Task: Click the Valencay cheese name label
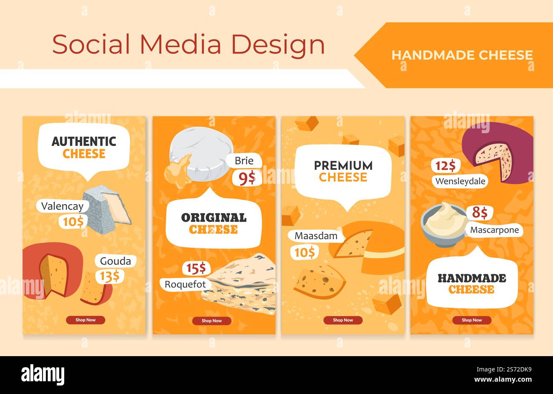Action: point(62,206)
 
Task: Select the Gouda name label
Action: point(115,261)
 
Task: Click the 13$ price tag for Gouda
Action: point(109,277)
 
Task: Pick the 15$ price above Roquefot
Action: point(197,268)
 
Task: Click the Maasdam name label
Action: point(316,235)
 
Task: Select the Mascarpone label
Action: point(494,230)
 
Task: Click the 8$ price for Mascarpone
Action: point(479,212)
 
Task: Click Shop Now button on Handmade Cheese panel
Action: point(472,320)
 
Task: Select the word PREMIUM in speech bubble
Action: point(343,166)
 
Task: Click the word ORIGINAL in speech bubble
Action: point(214,218)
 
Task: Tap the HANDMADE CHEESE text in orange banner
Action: point(462,55)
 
